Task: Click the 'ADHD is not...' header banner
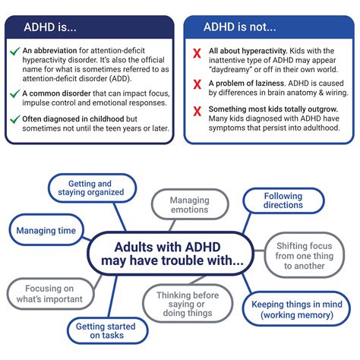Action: pos(269,27)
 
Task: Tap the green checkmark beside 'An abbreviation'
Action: pos(14,52)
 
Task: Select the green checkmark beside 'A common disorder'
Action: pos(14,93)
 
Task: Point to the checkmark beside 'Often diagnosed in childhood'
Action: pos(14,120)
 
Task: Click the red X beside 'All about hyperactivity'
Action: pos(197,52)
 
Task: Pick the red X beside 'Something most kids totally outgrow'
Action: pos(197,111)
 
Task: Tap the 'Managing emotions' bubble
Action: pos(189,206)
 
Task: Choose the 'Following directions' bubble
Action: pos(283,201)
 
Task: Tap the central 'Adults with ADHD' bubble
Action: pos(179,254)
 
